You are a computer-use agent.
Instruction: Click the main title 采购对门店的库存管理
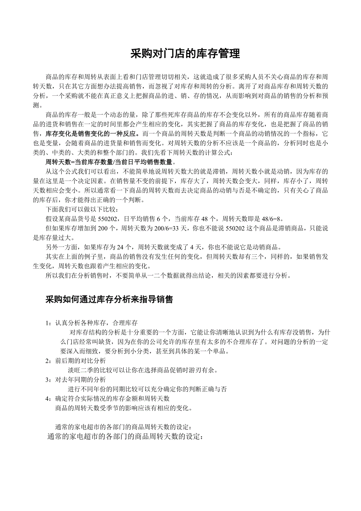185,54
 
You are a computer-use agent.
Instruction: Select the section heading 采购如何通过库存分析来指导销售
109,299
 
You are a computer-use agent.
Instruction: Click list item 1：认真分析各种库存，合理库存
91,323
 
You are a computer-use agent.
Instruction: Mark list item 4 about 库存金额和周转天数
108,398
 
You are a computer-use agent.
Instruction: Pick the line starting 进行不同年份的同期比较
147,389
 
